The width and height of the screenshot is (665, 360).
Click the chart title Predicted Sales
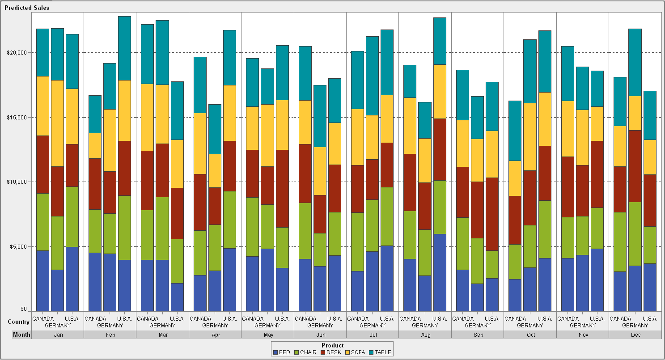27,8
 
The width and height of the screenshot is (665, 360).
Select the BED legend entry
281,352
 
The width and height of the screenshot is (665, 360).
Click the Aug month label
425,335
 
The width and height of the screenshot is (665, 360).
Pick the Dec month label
635,335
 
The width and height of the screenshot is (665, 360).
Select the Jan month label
58,335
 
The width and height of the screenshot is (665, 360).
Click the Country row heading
18,322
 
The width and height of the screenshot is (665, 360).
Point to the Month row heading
21,335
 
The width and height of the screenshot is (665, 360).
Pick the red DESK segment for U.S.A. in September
492,214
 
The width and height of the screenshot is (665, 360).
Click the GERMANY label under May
267,326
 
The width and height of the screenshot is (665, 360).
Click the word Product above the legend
332,345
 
